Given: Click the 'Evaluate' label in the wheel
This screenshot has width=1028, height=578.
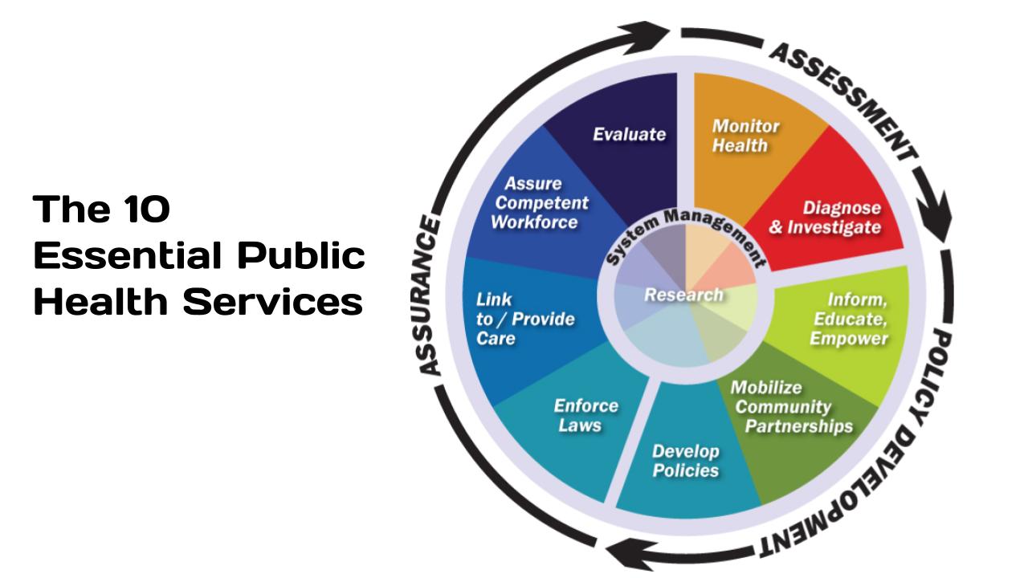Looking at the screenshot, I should click(x=629, y=134).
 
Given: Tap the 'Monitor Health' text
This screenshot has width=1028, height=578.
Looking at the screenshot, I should click(x=746, y=136).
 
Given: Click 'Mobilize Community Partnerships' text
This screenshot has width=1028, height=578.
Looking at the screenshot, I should click(x=791, y=406).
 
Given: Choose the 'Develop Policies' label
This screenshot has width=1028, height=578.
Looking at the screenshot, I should click(x=685, y=460).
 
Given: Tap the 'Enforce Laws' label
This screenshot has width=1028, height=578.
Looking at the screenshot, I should click(x=586, y=414).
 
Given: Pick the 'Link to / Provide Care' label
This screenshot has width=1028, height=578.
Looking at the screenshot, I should click(x=525, y=319).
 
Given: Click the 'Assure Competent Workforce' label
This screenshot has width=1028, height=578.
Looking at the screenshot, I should click(x=539, y=202).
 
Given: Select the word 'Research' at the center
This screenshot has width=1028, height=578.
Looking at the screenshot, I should click(x=683, y=295).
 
